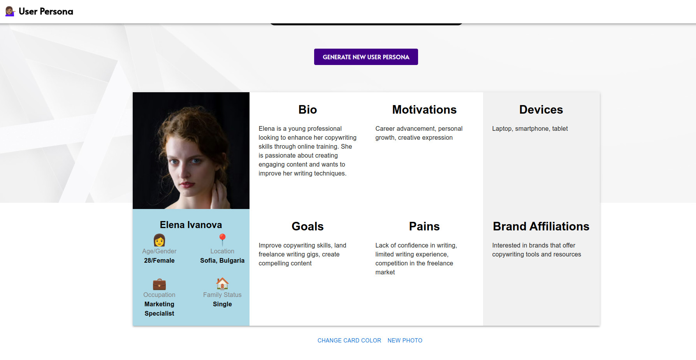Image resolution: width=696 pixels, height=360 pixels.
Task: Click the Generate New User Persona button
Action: point(366,57)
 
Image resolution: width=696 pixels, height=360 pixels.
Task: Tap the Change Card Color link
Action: point(349,341)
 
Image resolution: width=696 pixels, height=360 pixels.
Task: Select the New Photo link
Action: point(405,341)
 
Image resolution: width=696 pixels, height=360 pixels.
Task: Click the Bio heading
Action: point(308,110)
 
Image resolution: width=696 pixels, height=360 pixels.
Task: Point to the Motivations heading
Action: point(424,110)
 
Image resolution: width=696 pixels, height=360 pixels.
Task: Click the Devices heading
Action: point(541,110)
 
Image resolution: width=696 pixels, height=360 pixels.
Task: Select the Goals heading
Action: point(308,227)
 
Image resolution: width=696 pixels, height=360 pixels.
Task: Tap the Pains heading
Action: point(424,227)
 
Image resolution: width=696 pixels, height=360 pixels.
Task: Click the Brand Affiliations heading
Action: point(541,227)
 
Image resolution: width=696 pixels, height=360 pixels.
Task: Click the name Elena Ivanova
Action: point(191,225)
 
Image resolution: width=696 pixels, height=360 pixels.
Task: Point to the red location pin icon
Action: point(222,240)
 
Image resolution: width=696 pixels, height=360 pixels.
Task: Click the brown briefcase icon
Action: point(159,284)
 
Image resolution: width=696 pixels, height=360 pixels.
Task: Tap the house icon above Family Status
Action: point(222,284)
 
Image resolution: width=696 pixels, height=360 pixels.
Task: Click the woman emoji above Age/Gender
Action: point(159,240)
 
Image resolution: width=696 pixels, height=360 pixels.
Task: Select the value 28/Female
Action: point(159,261)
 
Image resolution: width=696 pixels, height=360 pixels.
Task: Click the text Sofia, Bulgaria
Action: point(222,261)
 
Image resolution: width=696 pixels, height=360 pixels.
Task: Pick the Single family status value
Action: point(222,304)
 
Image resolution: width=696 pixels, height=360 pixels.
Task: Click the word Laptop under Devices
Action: point(501,129)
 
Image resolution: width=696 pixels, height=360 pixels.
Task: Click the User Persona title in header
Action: point(46,12)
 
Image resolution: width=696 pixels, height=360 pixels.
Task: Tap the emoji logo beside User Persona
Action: point(10,11)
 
